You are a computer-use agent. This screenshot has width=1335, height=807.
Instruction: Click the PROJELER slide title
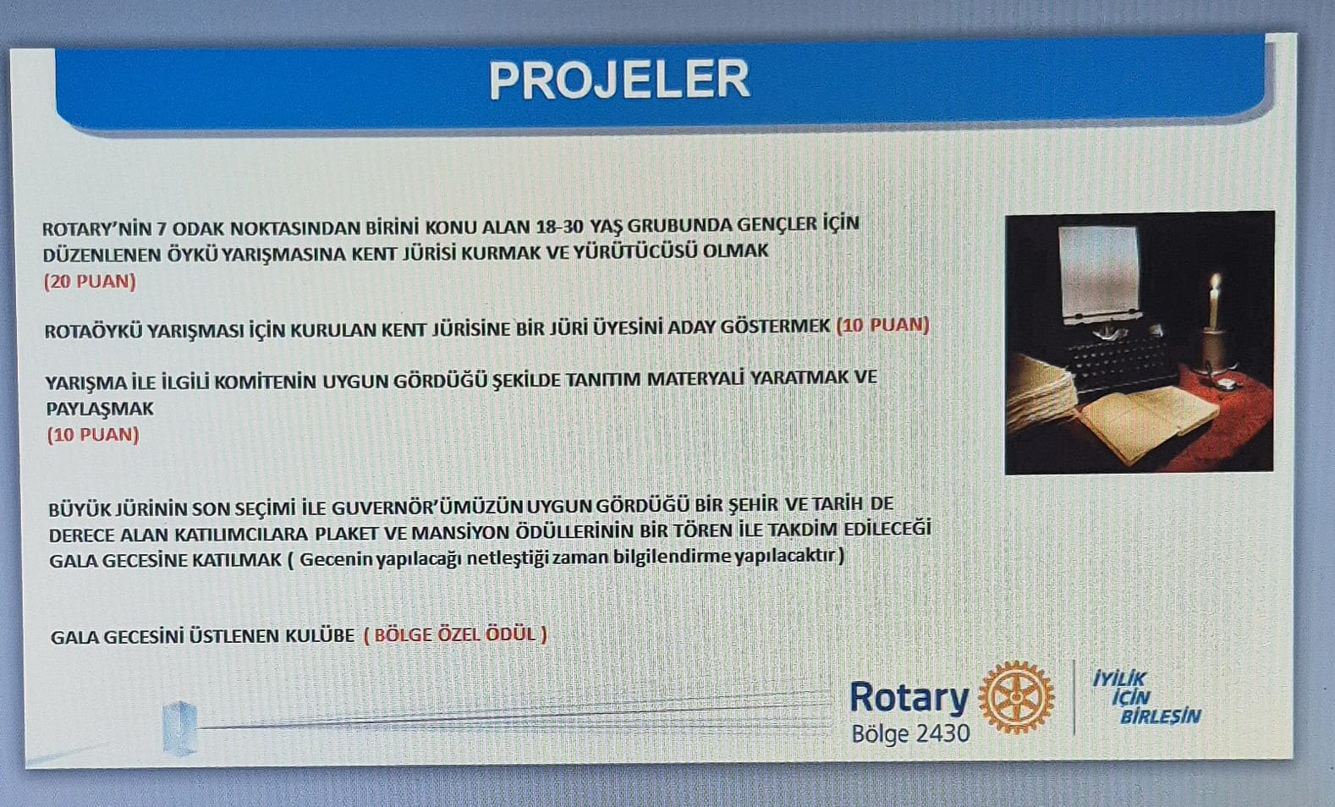[619, 80]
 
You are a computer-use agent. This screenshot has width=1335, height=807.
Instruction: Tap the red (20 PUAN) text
[90, 282]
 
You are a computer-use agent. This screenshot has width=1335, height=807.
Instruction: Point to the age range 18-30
[559, 226]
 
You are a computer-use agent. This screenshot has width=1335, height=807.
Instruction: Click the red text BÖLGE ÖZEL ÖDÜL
[455, 634]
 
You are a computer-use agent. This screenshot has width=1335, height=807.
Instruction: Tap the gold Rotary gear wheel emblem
[1016, 697]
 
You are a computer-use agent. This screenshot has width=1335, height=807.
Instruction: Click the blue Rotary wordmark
[909, 697]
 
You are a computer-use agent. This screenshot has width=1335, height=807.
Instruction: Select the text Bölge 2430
[910, 733]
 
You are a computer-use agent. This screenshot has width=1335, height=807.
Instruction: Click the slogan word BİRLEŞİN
[1161, 716]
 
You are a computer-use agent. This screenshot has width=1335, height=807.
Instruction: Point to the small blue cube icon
[179, 727]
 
